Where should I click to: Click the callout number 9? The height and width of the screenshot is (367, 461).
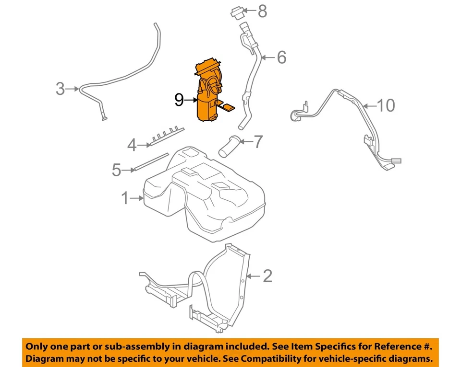[179, 100]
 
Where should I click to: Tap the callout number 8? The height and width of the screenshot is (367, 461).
[262, 11]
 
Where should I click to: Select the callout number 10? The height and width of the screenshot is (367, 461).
[386, 105]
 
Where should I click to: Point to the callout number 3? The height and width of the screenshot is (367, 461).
[60, 88]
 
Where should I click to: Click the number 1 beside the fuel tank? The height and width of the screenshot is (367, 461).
[125, 197]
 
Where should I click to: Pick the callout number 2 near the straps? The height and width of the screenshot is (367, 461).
[267, 275]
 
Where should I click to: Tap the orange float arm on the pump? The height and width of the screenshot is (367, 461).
[228, 106]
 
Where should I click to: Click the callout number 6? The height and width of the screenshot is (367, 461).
[281, 57]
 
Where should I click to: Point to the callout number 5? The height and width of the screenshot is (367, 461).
[116, 170]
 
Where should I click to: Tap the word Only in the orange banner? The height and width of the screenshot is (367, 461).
[37, 346]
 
